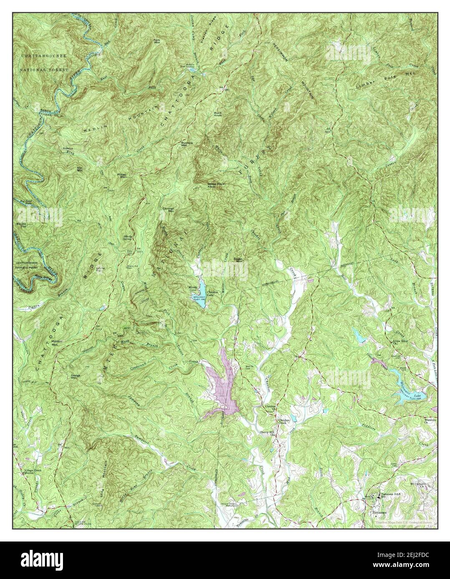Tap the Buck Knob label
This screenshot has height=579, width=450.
tap(218, 114)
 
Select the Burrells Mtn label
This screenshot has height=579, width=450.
tap(186, 144)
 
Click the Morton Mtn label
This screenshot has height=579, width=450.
tap(53, 344)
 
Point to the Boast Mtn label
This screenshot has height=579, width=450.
tap(239, 260)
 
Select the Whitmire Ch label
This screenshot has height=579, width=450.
tap(425, 421)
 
